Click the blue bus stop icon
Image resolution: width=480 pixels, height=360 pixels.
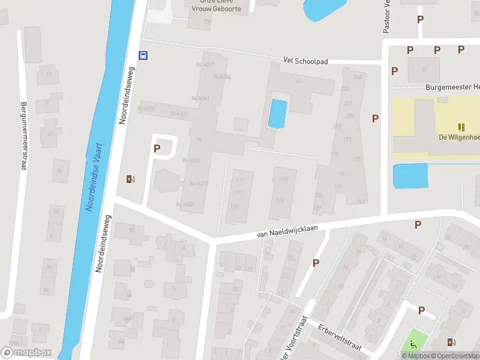tap(143, 55)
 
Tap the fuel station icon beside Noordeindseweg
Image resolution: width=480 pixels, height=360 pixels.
tap(130, 178)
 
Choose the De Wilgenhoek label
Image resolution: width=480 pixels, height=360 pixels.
tap(459, 137)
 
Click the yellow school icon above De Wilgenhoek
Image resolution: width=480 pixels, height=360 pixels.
tap(461, 127)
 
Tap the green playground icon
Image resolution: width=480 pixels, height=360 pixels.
tap(414, 344)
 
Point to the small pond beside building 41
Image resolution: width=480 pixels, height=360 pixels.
tap(277, 113)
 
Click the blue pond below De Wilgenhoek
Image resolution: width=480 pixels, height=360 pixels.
tap(410, 176)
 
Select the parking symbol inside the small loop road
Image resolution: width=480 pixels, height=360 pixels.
tap(158, 148)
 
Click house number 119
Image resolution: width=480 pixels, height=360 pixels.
tap(284, 179)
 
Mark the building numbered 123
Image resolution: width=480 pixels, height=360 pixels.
tap(280, 200)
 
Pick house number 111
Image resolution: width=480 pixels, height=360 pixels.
tap(240, 180)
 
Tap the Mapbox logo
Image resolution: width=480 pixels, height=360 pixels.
tap(26, 353)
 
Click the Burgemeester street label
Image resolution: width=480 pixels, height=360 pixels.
tap(452, 87)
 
